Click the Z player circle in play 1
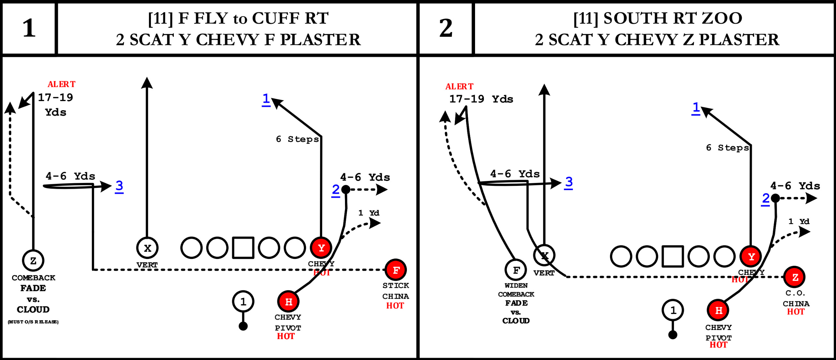pos(33,261)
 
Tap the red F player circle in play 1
pos(396,270)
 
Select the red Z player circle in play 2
pos(795,277)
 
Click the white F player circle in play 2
pos(516,270)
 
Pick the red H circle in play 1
pos(288,302)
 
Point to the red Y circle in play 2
pos(751,257)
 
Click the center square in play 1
pos(243,248)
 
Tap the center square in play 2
pos(673,256)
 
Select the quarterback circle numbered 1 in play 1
pos(243,301)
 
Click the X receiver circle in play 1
pos(147,248)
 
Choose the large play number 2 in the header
pos(446,28)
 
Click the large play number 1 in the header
pos(29,28)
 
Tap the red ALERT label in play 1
pos(61,84)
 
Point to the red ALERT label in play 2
pos(459,86)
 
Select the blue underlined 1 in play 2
pos(696,108)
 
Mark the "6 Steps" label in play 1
pos(297,139)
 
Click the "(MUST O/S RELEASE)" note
pos(33,322)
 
